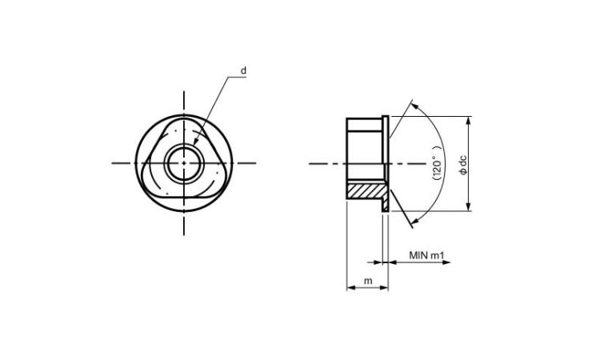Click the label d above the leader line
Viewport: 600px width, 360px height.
click(x=243, y=70)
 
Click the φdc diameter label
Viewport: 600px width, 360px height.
click(x=463, y=165)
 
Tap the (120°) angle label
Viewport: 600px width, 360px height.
click(x=437, y=162)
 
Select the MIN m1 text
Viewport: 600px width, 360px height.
click(x=426, y=255)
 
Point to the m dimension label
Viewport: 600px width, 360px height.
click(x=368, y=281)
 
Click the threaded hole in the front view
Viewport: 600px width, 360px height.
click(x=184, y=163)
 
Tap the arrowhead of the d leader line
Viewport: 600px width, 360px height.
click(x=195, y=142)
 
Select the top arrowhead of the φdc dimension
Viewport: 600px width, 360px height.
click(x=468, y=120)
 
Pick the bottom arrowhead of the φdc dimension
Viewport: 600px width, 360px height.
click(x=468, y=206)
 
